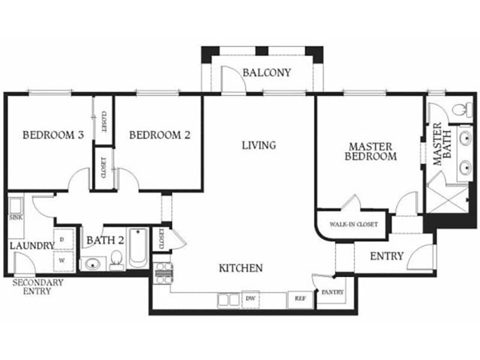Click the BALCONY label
tap(266, 73)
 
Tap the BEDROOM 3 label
tap(52, 135)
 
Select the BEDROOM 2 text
tap(160, 135)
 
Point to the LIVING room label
tap(259, 145)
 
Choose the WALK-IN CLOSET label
tap(353, 224)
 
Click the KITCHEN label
tap(240, 268)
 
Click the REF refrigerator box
tap(299, 298)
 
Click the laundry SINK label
tap(16, 217)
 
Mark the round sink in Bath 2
tap(91, 263)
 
